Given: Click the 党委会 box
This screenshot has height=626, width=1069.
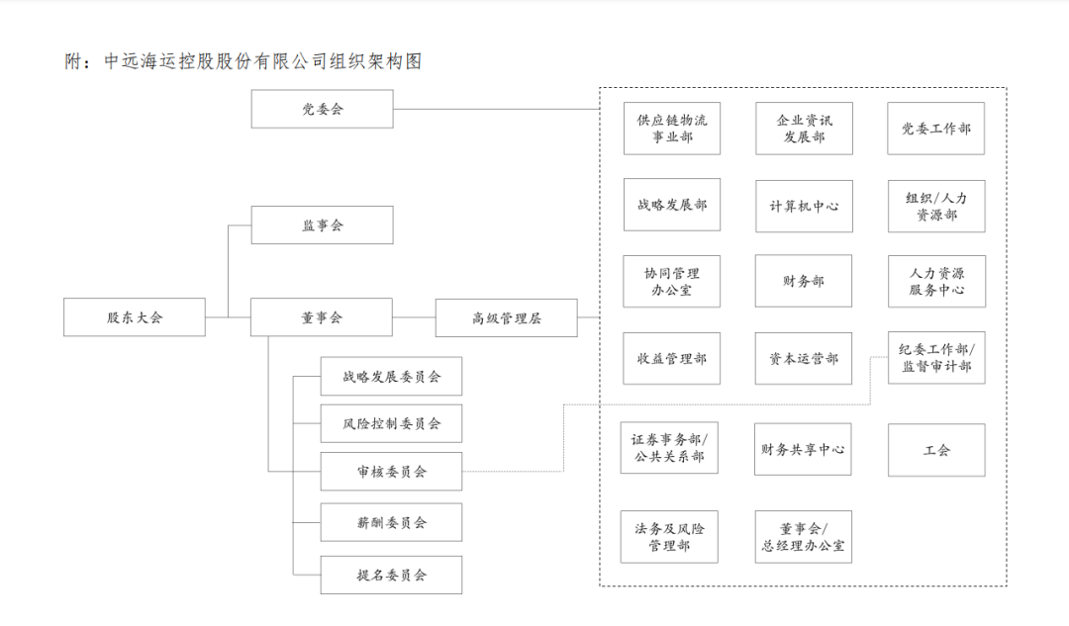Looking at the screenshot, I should [x=322, y=109].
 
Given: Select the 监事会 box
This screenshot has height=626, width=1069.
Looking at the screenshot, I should [x=322, y=224].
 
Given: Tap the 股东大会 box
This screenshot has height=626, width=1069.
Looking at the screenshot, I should [x=135, y=317].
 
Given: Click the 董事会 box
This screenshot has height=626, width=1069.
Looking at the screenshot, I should [x=322, y=317].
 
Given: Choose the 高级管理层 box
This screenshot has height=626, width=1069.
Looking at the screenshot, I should [x=506, y=317].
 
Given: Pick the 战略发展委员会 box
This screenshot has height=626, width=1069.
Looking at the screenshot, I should [x=391, y=376].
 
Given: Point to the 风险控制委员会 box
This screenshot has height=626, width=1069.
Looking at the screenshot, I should [x=391, y=423].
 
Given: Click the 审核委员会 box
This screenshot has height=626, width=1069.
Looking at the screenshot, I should [x=391, y=471].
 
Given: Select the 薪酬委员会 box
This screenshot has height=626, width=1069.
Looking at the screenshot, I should [x=391, y=521].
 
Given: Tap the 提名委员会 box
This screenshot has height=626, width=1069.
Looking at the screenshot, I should [x=391, y=574].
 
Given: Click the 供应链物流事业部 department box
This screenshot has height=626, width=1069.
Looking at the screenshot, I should [x=672, y=129].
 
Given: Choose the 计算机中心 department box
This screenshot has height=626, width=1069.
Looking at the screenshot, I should [x=804, y=206].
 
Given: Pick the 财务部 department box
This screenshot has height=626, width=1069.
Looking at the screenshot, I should [x=804, y=281].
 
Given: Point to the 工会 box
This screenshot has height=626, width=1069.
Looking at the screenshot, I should [x=936, y=450].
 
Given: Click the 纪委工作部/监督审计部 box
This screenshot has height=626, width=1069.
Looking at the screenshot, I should [x=936, y=358].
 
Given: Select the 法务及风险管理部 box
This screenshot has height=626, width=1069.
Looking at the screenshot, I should [x=669, y=536].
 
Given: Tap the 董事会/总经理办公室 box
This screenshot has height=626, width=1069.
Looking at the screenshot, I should [x=803, y=536].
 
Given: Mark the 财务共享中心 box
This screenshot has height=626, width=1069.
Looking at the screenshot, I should [x=803, y=450].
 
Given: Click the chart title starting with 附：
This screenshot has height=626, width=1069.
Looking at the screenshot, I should [x=243, y=61].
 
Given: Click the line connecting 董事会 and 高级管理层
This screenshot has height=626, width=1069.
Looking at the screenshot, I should [x=415, y=317].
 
